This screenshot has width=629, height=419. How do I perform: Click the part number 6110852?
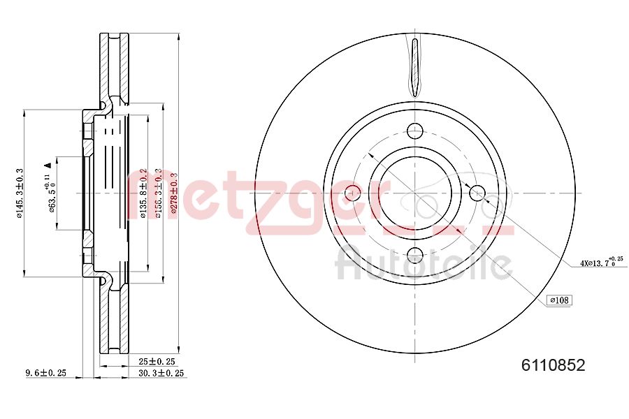coord(553,365)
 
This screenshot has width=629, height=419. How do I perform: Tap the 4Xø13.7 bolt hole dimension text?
coord(600,263)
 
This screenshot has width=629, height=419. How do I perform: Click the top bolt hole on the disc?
coord(415,131)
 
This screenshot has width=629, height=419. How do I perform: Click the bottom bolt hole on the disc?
coord(415,255)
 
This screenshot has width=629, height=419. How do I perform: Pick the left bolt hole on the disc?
coord(353,193)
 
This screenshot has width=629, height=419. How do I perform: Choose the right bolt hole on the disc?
coord(477,193)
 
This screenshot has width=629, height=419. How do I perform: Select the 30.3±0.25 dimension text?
coord(161,374)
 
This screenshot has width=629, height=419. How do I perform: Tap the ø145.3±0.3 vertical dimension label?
coord(20,193)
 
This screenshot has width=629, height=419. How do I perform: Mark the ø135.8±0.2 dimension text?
coord(144,193)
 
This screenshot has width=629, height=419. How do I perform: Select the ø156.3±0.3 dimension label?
coord(159,193)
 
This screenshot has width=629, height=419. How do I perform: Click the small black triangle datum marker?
coord(48,165)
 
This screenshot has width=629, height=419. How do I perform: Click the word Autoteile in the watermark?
coord(424,264)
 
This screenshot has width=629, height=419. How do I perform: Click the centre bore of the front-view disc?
coord(415,193)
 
